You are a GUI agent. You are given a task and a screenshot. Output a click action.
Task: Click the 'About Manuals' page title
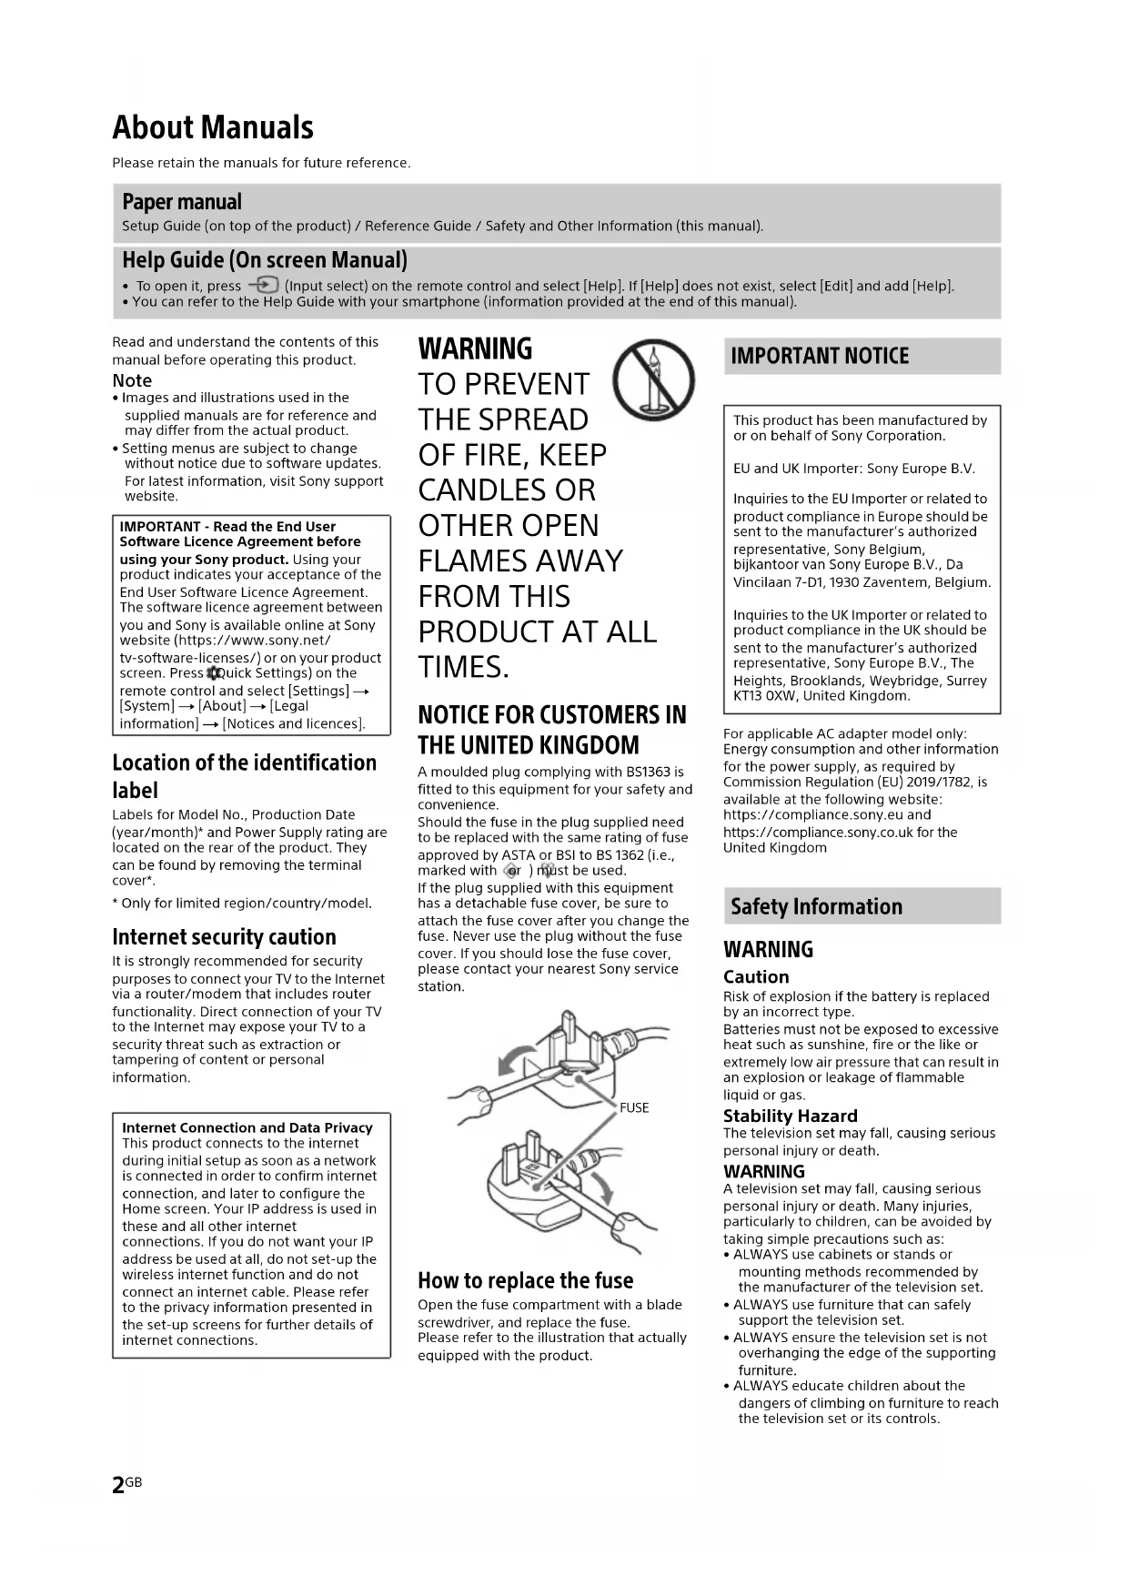click(x=213, y=127)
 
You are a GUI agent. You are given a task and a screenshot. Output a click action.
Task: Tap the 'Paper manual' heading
click(x=182, y=202)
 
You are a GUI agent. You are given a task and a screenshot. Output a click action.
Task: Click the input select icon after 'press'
click(x=263, y=286)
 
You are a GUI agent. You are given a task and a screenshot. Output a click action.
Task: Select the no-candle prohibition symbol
click(x=654, y=379)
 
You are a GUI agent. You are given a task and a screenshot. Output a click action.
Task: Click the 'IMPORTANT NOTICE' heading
click(x=820, y=356)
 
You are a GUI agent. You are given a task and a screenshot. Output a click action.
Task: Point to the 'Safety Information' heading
click(x=816, y=906)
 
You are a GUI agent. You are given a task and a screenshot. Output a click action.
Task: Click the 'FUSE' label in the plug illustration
click(x=634, y=1107)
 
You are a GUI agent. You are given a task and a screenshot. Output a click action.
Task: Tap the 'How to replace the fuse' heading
click(x=525, y=1280)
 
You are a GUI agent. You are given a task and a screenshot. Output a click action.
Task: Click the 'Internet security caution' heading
click(x=224, y=936)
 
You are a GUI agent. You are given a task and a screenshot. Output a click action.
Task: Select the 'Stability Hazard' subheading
click(x=790, y=1116)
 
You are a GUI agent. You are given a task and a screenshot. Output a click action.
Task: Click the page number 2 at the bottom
click(x=118, y=1485)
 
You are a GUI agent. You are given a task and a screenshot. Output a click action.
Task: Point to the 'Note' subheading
click(x=132, y=380)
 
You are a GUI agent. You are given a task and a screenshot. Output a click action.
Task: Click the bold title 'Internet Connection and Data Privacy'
click(x=247, y=1127)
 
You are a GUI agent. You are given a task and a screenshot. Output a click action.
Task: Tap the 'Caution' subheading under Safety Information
click(x=756, y=976)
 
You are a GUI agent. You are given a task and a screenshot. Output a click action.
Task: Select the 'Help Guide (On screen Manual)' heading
click(x=265, y=260)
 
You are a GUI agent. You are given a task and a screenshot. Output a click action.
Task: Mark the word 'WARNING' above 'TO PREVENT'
click(x=475, y=349)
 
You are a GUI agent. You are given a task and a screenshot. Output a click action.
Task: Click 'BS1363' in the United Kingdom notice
click(x=648, y=772)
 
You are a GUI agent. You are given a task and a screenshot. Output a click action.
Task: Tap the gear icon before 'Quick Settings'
click(x=215, y=673)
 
